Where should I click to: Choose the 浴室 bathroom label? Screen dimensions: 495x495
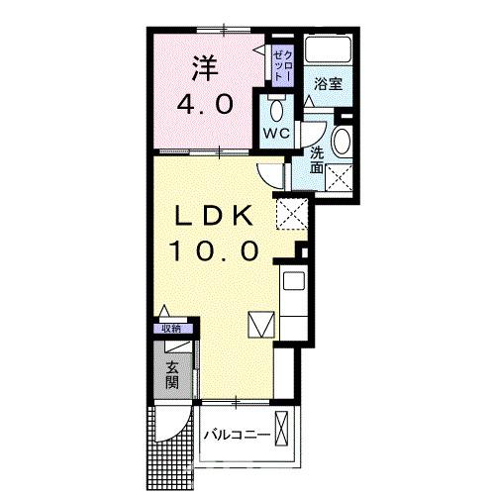point(329,84)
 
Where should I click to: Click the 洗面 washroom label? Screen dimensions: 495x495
point(317,160)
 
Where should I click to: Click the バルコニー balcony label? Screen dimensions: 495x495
point(234,434)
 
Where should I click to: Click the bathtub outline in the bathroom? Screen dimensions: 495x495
point(328,50)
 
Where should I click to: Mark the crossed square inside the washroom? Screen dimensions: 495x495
point(340,177)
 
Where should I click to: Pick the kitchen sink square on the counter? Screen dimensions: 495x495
point(294,281)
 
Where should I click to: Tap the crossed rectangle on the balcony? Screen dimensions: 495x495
point(284,433)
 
